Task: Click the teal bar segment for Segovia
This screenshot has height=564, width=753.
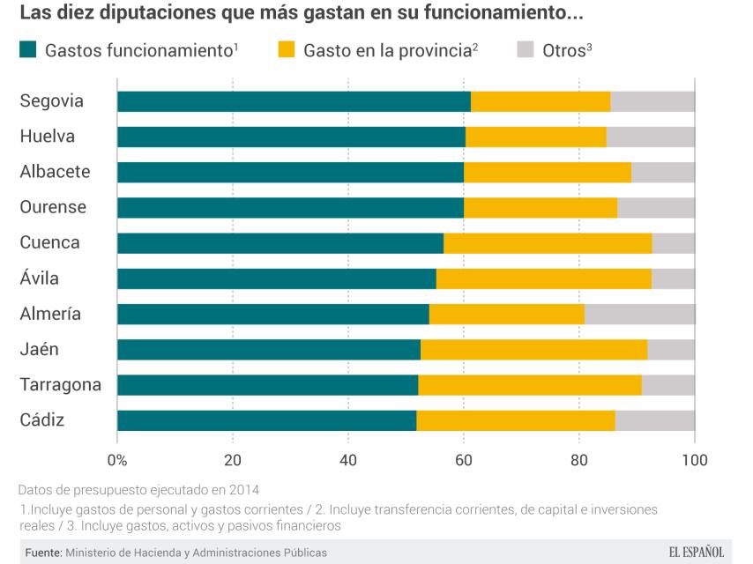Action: [x=294, y=101]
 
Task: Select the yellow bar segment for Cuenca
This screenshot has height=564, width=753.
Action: [x=548, y=243]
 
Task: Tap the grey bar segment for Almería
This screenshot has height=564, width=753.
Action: [x=639, y=314]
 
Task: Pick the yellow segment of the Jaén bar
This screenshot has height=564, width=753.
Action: [x=533, y=349]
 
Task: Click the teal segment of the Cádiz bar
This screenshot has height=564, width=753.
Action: [x=266, y=420]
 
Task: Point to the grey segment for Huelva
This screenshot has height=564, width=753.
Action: [x=651, y=137]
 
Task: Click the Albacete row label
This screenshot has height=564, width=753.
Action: [x=55, y=172]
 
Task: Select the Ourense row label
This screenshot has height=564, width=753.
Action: [x=53, y=207]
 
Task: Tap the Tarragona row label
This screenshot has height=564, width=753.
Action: [x=60, y=384]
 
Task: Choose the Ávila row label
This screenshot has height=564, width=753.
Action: [x=39, y=278]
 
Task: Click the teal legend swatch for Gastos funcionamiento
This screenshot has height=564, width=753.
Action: [x=28, y=50]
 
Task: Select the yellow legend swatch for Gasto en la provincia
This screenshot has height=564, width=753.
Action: [x=286, y=50]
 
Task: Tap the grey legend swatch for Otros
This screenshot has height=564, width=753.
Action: [x=525, y=50]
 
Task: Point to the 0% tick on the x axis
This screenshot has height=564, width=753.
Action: [x=117, y=459]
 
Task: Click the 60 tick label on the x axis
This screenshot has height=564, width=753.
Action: [x=464, y=459]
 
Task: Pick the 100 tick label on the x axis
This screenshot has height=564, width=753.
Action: [x=694, y=459]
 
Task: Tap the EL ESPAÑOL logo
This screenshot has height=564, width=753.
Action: [x=696, y=553]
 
